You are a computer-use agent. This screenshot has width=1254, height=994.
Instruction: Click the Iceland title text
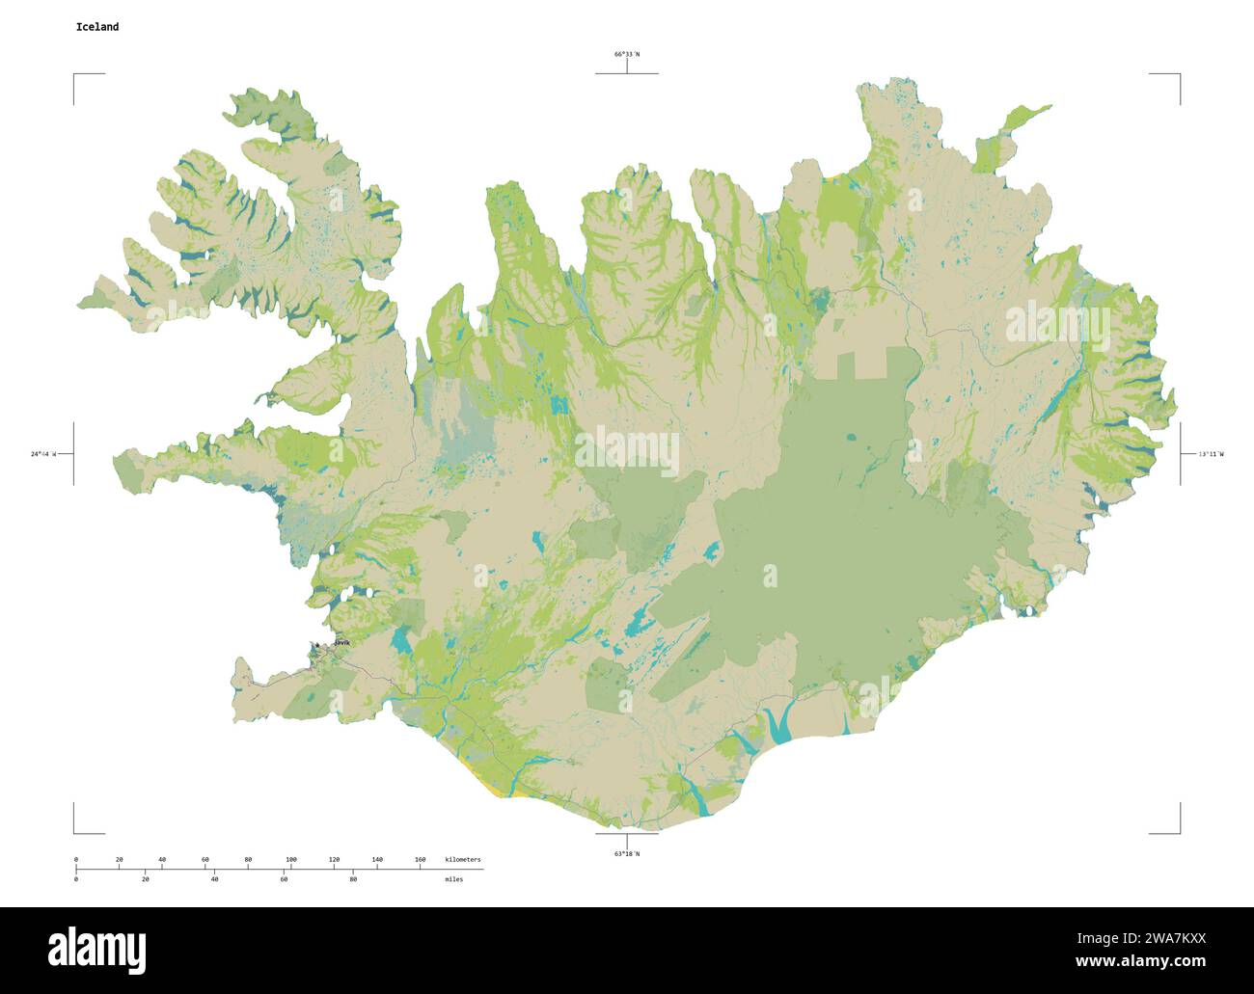pos(97,27)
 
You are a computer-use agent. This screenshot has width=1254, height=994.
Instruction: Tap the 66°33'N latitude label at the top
pos(627,55)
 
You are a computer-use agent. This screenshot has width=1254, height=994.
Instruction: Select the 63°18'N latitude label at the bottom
pos(627,853)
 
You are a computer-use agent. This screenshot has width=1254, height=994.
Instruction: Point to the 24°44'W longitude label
pos(43,453)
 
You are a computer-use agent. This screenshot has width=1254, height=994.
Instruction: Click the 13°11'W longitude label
pos(1210,453)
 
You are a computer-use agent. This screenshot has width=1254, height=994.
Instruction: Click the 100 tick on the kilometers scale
pos(290,859)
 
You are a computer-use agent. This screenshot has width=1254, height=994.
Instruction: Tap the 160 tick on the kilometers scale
pos(420,859)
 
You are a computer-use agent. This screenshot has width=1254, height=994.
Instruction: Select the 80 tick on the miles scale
pos(353,879)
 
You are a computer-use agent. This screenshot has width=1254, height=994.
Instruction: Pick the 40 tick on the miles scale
pos(214,879)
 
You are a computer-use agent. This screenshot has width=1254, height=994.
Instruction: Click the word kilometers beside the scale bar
pos(462,859)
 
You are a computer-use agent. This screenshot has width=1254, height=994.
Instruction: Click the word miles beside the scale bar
pos(453,879)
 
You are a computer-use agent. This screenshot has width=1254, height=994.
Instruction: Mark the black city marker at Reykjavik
pos(316,646)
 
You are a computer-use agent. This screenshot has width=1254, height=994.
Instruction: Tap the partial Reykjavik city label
pos(341,642)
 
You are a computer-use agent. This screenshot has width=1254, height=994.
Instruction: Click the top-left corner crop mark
pos(75,75)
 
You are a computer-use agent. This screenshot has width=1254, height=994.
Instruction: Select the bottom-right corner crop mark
pos(1178,831)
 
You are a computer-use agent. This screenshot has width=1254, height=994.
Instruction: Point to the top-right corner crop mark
pos(1178,75)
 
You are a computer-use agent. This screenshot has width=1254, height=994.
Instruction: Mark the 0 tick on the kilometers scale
pos(76,859)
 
